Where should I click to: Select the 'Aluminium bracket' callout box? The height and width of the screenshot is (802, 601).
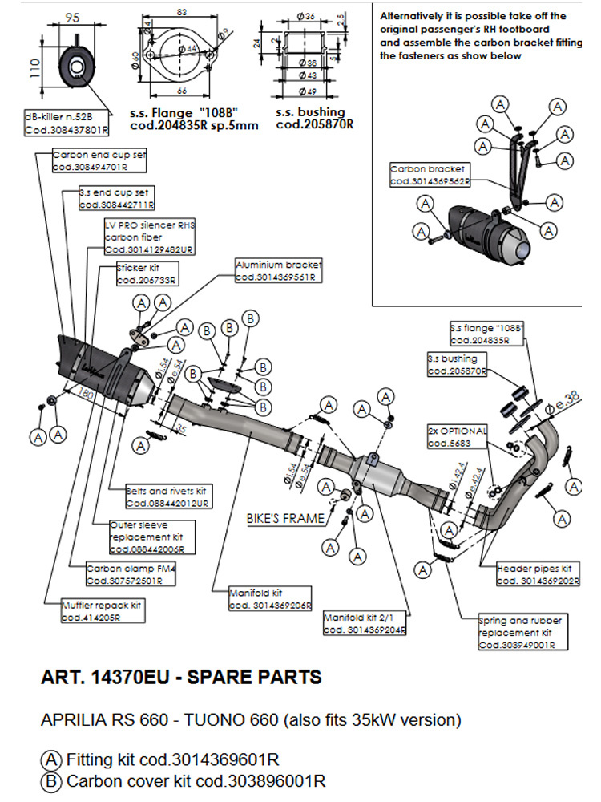278,270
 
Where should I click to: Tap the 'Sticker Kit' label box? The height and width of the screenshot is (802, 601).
147,274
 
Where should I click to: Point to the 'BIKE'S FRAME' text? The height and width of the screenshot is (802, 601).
286,518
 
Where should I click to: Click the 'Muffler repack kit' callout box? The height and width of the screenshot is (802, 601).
102,612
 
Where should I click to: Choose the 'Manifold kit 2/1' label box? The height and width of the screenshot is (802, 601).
365,625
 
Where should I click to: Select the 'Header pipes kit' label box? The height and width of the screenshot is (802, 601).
537,575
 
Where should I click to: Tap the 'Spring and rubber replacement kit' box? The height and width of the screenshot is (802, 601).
520,632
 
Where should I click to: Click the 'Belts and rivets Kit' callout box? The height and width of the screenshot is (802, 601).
167,496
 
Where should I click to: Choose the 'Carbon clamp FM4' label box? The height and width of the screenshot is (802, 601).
131,573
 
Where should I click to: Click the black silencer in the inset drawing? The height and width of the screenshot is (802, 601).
481,230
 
